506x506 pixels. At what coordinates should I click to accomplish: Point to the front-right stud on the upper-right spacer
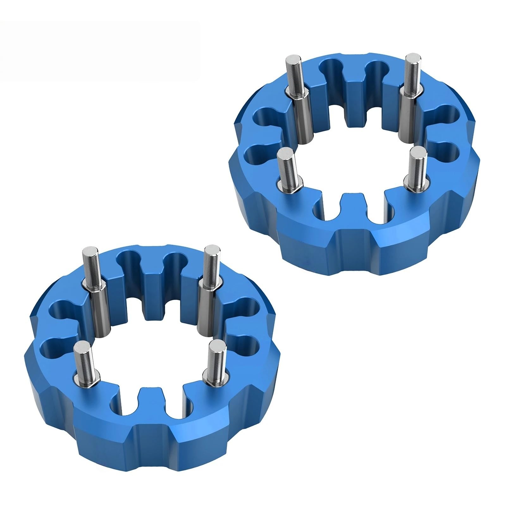pyautogui.click(x=417, y=164)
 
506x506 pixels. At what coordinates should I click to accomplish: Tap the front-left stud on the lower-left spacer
pyautogui.click(x=81, y=357)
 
